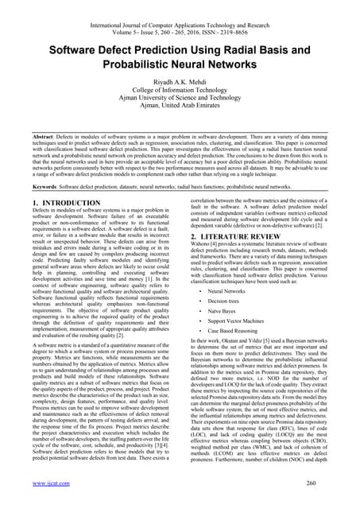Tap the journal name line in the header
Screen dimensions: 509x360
click(x=180, y=7)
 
